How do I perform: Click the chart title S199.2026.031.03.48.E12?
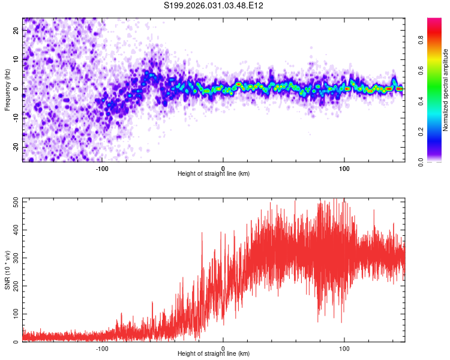coord(214,5)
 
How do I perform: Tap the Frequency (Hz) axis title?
coord(7,89)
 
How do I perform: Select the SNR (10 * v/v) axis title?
coord(7,270)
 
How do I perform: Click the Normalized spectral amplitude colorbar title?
coord(446,90)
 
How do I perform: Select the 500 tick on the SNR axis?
coord(14,202)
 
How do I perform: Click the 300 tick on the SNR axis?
coord(14,258)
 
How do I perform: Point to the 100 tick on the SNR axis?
coord(14,314)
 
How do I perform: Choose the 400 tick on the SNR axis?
coord(14,230)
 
